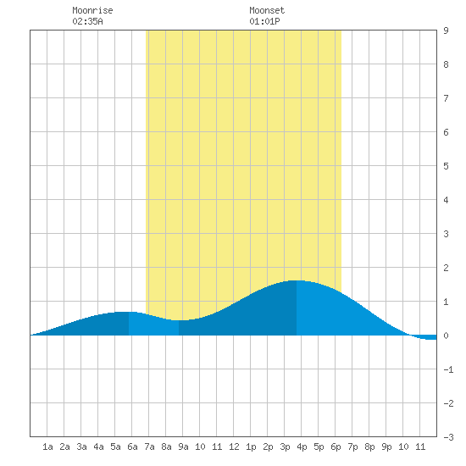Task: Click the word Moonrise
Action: (92, 10)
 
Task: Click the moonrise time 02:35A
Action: (87, 21)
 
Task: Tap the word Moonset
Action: (267, 10)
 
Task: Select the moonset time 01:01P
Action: (264, 21)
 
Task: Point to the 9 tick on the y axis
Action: (446, 31)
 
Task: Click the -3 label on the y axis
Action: (448, 437)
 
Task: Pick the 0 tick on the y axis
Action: (446, 336)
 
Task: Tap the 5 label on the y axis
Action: (446, 166)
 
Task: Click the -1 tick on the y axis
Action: (448, 369)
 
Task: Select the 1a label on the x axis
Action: (47, 447)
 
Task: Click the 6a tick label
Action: (132, 447)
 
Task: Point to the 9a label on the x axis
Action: (183, 447)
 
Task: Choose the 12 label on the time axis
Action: (234, 447)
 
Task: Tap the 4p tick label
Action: (302, 447)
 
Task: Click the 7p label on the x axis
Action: (352, 447)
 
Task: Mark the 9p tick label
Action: (386, 447)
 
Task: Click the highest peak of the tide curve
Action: (297, 280)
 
